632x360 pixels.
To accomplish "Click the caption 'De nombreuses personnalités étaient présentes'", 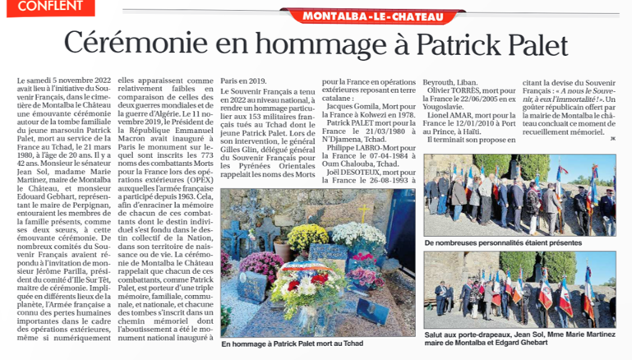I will point(503,243).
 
